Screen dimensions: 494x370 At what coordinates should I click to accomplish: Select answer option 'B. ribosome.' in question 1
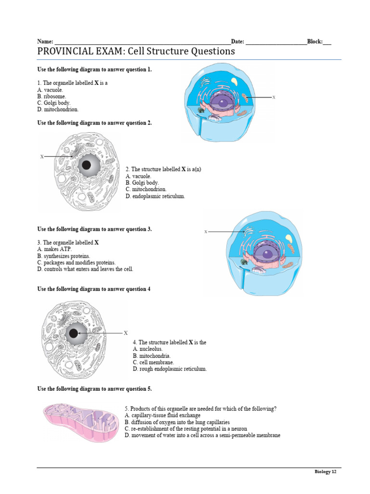pos(52,96)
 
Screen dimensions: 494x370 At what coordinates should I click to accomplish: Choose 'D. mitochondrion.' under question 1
pos(58,110)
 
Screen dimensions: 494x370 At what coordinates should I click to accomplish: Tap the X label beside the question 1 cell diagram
pos(274,97)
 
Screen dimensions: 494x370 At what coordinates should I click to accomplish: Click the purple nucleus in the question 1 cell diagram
pos(223,102)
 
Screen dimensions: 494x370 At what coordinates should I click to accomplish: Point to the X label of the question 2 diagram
pos(42,157)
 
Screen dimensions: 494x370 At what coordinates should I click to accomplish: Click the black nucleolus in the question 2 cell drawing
pos(87,165)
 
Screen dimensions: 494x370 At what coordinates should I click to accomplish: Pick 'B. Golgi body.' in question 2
pos(142,183)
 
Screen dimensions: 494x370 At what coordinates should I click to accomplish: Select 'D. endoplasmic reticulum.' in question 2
pos(155,196)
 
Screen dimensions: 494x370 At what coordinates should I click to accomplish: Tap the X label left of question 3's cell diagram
pos(206,232)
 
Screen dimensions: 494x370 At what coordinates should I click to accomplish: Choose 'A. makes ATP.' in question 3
pos(54,249)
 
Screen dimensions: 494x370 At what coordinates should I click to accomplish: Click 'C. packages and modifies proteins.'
pos(76,262)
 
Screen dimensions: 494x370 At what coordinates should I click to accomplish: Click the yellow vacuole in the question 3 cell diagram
pos(289,238)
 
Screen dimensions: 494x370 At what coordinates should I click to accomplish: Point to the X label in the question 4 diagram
pos(125,333)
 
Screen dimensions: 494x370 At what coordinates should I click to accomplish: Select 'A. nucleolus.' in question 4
pos(148,349)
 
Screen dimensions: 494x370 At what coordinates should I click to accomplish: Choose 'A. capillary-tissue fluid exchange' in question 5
pos(162,415)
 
